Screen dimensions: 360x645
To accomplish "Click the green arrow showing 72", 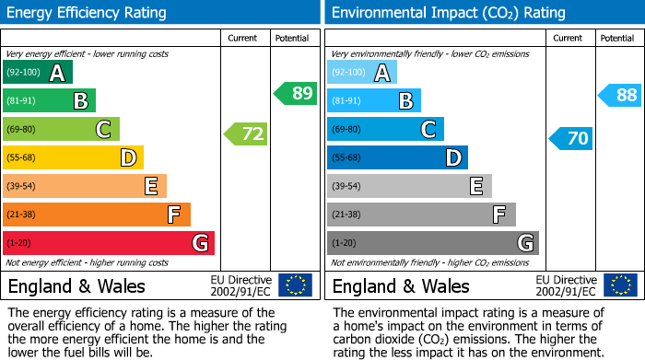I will [x=246, y=134].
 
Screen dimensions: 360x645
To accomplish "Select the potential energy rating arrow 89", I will [x=296, y=93].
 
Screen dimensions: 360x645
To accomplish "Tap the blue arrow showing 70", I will [x=570, y=139].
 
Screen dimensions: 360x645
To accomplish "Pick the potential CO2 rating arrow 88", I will [x=620, y=95].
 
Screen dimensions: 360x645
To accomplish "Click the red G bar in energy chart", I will [x=109, y=243].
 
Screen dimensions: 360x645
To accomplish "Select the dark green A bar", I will [x=38, y=73].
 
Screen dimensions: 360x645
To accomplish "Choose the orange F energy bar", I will [x=97, y=215].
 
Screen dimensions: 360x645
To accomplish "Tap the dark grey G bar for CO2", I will [x=432, y=243].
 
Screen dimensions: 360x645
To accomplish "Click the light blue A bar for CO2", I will [x=362, y=73].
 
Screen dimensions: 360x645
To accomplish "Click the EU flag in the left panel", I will [x=295, y=285].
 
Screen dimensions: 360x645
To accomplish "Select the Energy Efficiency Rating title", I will [x=88, y=13].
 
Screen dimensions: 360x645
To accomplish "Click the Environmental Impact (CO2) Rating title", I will [x=448, y=13].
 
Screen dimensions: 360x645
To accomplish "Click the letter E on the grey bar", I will [x=475, y=186].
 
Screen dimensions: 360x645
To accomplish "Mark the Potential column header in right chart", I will [x=616, y=38].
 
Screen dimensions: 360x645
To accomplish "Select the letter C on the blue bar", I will [x=428, y=130].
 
